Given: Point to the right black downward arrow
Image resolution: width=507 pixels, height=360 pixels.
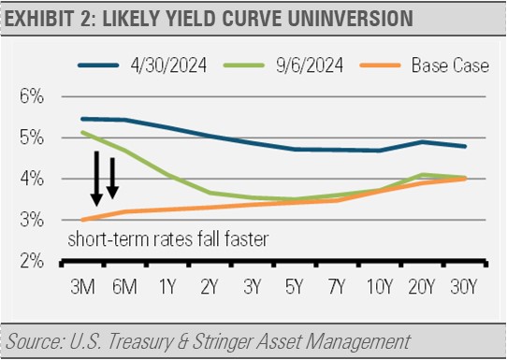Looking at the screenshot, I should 113,178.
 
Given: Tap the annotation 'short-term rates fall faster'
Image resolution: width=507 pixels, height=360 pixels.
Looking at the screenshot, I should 168,238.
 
